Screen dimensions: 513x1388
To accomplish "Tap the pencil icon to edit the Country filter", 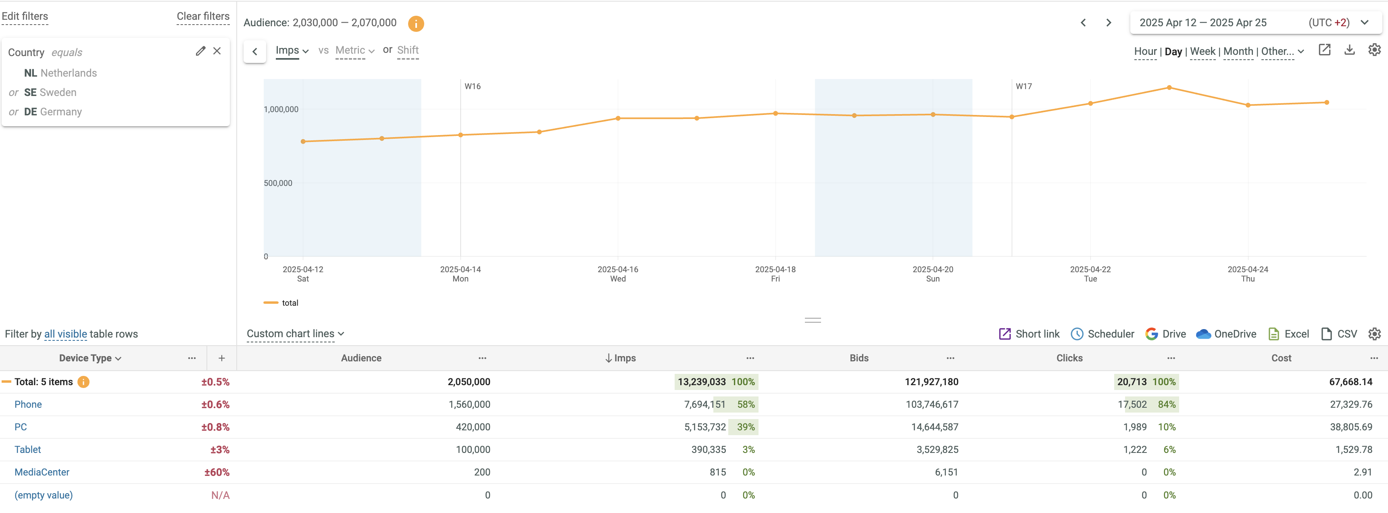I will coord(200,51).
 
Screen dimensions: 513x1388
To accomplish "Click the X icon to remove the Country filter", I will coord(217,51).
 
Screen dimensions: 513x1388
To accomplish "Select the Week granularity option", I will coord(1202,52).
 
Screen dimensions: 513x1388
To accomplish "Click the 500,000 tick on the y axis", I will coord(278,183).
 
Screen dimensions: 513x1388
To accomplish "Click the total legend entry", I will coord(290,303).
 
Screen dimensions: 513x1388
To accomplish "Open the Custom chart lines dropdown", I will coord(295,334).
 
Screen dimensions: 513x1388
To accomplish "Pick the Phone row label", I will coord(28,405).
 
